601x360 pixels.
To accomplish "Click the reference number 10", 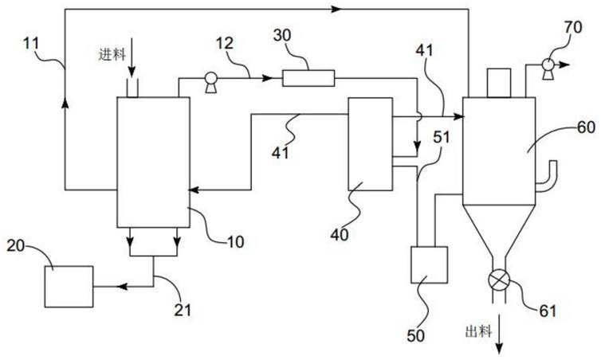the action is click(235, 241).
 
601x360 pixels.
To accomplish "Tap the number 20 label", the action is click(16, 245).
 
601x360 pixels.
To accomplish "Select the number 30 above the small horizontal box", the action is click(282, 35).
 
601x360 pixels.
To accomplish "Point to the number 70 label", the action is click(573, 27).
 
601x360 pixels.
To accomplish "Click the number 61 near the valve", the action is click(548, 311).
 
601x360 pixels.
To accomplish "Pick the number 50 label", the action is click(416, 336).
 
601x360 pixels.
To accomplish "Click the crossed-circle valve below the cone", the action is click(500, 280).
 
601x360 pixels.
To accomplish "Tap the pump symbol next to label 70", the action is click(548, 68).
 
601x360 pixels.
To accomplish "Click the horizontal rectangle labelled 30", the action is click(308, 78).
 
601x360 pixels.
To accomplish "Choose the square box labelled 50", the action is click(429, 265).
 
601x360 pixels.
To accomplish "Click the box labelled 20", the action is click(69, 287).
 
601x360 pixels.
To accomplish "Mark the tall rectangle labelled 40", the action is click(371, 144).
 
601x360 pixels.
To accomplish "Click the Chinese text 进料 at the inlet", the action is click(112, 55).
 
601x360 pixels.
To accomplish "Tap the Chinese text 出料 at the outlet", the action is click(478, 331).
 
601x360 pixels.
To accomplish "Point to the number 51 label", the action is click(441, 137).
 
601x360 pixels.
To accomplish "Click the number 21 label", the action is click(183, 310).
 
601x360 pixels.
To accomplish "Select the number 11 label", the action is click(31, 43).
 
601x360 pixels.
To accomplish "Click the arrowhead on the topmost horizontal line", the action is click(336, 10).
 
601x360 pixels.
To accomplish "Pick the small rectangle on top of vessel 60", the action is click(499, 83).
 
